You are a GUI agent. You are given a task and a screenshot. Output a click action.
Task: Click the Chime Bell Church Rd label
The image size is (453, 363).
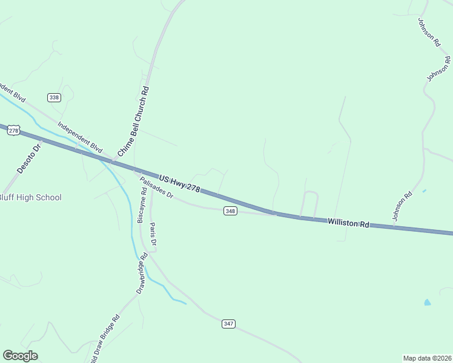133,122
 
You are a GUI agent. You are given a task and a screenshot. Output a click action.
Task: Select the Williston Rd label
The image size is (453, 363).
348,223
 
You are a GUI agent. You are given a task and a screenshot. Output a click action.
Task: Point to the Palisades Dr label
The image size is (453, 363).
157,189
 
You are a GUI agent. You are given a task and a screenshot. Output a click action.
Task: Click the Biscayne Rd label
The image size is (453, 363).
142,206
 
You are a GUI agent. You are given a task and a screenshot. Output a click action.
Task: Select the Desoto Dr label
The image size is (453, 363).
28,158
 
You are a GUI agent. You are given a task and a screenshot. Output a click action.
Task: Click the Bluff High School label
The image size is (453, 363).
30,197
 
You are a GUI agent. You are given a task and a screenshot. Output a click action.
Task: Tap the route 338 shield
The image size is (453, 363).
55,97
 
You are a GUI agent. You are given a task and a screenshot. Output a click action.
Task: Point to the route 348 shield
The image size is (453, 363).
230,211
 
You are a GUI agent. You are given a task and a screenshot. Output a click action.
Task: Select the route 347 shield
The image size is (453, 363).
228,324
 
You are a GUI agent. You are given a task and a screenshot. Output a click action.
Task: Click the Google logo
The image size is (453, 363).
20,355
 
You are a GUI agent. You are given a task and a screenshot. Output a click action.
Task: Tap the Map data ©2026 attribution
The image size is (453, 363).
427,358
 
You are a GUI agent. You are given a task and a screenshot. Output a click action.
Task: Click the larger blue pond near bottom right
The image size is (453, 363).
428,302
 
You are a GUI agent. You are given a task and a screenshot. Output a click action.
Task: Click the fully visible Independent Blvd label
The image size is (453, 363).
80,137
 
